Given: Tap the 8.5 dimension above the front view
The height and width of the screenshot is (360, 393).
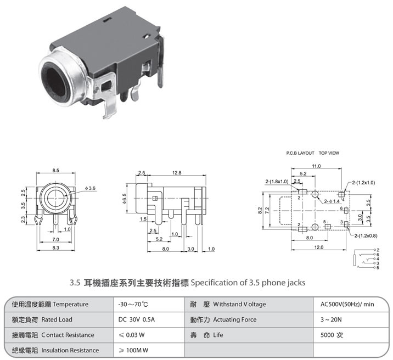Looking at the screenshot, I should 56,171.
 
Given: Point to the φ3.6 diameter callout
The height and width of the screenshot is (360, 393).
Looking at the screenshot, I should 91,188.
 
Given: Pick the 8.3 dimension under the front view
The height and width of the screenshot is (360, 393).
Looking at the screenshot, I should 56,249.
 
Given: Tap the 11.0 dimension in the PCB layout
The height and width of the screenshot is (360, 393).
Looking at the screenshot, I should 316,166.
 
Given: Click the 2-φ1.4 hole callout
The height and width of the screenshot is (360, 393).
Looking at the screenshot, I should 332,201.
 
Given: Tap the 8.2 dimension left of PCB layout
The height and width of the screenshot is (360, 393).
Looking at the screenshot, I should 260,210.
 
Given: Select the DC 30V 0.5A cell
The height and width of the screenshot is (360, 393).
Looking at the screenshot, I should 137,319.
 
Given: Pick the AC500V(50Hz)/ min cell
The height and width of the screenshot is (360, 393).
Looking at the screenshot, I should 347,303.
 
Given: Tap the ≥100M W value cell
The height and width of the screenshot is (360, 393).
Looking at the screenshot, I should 134,350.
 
